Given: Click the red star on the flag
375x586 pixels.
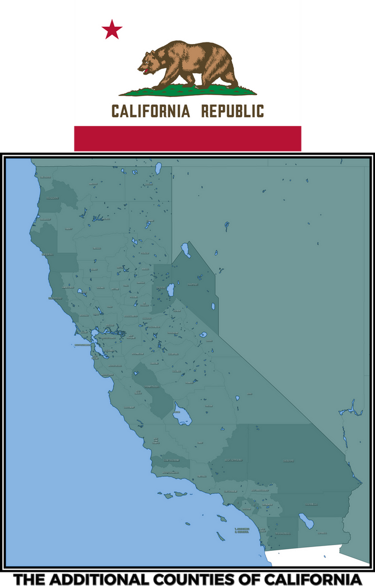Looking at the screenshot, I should [x=112, y=29].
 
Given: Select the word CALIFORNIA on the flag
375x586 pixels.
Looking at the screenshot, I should [x=151, y=111].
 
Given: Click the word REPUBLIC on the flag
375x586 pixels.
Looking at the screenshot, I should [x=233, y=111].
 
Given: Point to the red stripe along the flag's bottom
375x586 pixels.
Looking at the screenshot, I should [x=188, y=138].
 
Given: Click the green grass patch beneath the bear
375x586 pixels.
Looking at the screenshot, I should [x=187, y=92].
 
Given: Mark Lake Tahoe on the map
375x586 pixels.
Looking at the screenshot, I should [x=170, y=291].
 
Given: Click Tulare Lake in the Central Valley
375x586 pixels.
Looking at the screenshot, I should [x=182, y=417].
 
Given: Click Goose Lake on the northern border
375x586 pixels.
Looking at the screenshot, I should [x=157, y=168].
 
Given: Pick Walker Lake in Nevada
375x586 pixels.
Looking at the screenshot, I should [x=213, y=306].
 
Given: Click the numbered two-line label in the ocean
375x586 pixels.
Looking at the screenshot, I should [x=242, y=530].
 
